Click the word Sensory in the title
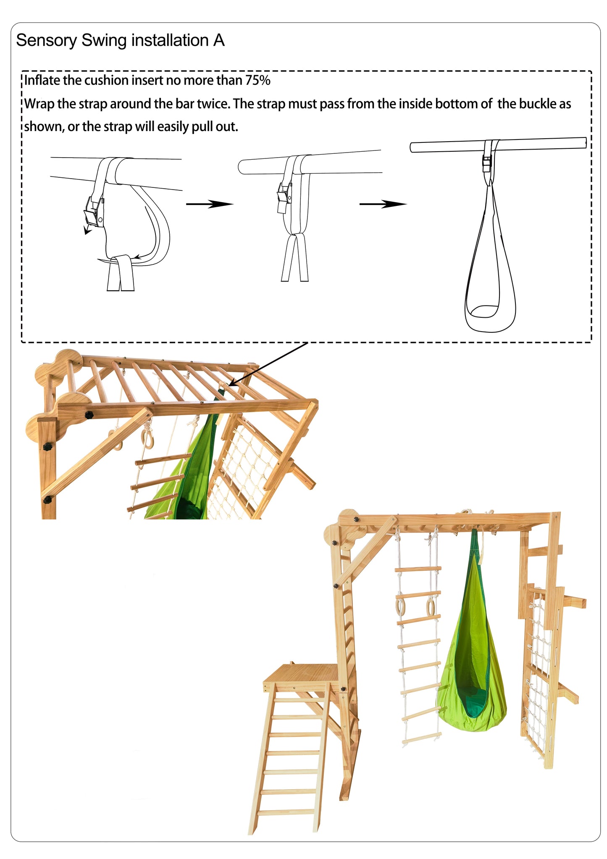[47, 41]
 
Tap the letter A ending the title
[219, 40]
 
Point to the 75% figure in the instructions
[258, 80]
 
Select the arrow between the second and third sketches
[383, 204]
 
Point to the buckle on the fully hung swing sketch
[487, 163]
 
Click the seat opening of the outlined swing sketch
[485, 311]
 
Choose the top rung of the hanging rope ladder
[418, 569]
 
